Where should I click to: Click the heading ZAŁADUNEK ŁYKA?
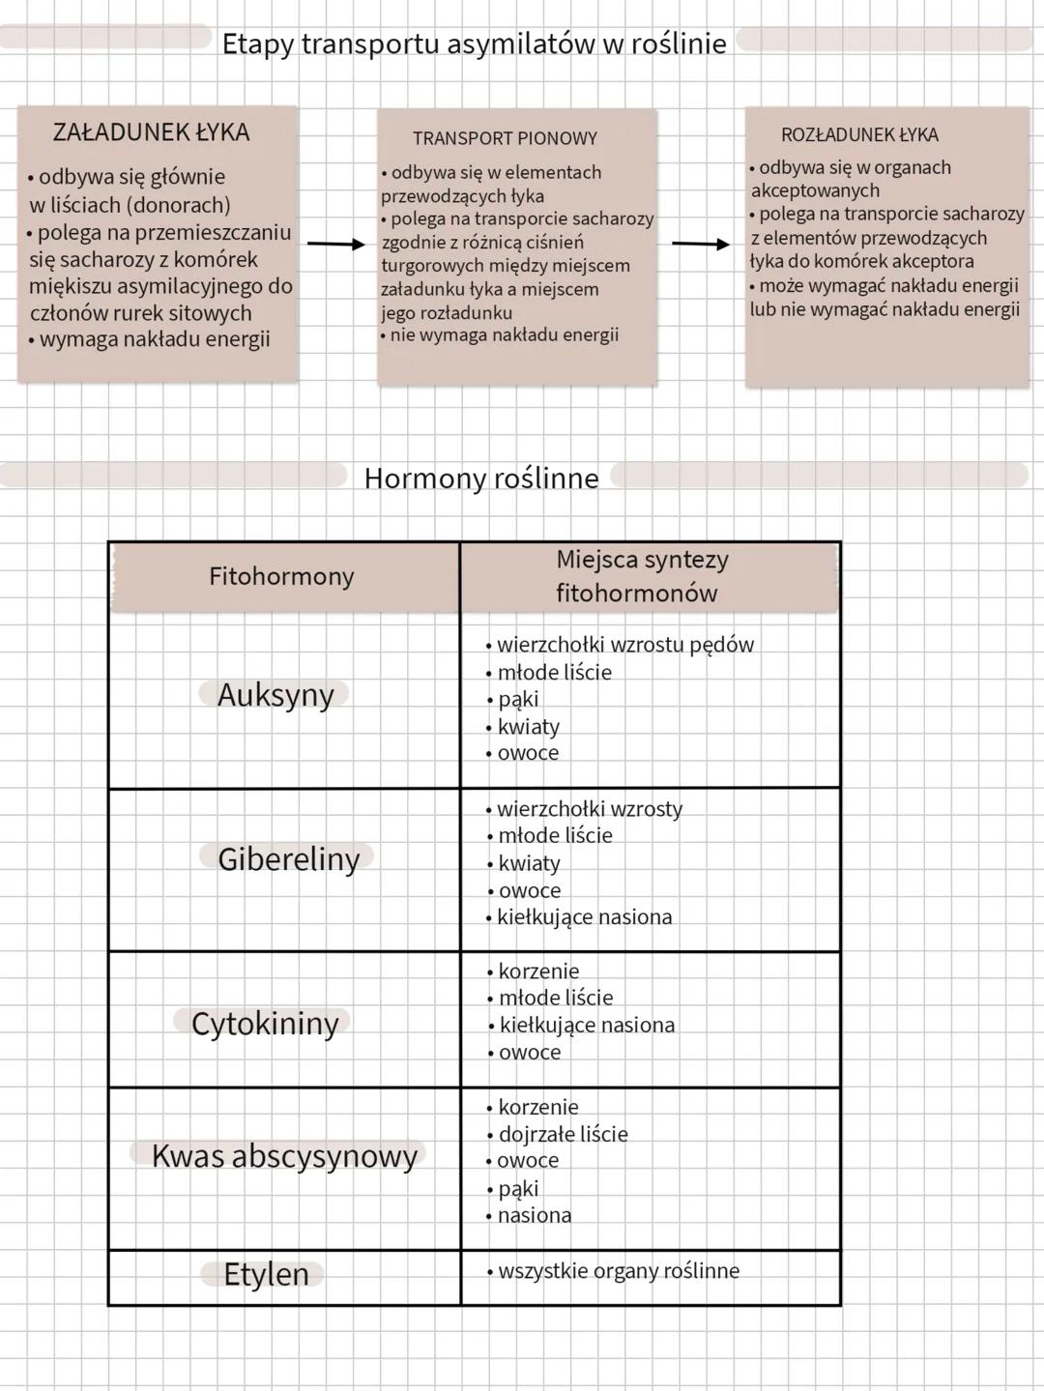[x=151, y=132]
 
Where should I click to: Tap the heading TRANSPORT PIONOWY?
[x=505, y=138]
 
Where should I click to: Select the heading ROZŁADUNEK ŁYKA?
[x=859, y=135]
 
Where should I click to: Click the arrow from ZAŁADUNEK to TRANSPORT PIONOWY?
[x=336, y=245]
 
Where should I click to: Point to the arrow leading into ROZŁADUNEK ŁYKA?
[x=701, y=245]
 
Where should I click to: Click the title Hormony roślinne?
[x=480, y=478]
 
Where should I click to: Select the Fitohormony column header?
[x=281, y=576]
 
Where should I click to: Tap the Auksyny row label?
[x=275, y=694]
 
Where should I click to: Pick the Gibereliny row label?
[x=288, y=858]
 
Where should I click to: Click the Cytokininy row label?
[x=265, y=1023]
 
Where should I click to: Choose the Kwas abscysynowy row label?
[x=283, y=1155]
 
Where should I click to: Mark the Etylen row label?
[x=266, y=1274]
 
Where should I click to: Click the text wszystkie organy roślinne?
[x=618, y=1271]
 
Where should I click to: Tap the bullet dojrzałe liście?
[x=563, y=1134]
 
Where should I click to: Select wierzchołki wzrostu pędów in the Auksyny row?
[x=624, y=645]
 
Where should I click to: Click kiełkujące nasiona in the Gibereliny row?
[x=584, y=917]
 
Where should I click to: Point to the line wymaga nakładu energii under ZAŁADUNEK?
[x=155, y=339]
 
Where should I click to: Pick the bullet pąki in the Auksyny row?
[x=517, y=699]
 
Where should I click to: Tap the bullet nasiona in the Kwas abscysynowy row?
[x=534, y=1215]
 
